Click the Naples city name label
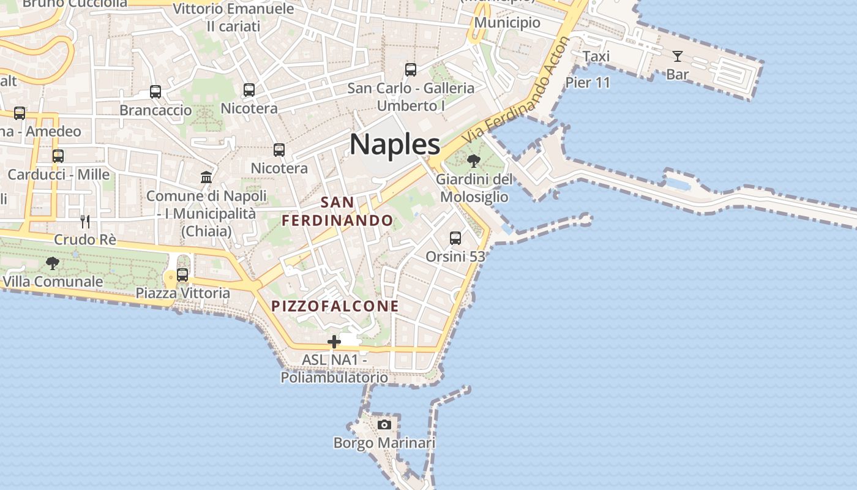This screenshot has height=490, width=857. pyautogui.click(x=395, y=145)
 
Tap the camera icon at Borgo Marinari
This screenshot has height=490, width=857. pyautogui.click(x=384, y=424)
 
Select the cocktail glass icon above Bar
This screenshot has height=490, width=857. pyautogui.click(x=677, y=56)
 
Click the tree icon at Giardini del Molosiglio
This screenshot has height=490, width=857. pyautogui.click(x=473, y=161)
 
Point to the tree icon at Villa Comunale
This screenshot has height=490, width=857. pyautogui.click(x=53, y=263)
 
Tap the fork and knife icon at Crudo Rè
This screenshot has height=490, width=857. pyautogui.click(x=85, y=221)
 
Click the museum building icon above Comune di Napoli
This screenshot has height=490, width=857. pyautogui.click(x=206, y=178)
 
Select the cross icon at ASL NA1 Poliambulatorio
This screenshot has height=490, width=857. pyautogui.click(x=334, y=342)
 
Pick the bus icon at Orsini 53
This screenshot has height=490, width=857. pyautogui.click(x=455, y=238)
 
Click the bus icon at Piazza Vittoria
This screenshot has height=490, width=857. pyautogui.click(x=182, y=275)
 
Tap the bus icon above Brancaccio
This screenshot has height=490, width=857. pyautogui.click(x=155, y=92)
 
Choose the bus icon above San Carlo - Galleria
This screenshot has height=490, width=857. pyautogui.click(x=411, y=70)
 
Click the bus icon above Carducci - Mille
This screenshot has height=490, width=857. pyautogui.click(x=58, y=156)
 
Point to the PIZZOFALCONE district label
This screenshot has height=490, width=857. pyautogui.click(x=335, y=306)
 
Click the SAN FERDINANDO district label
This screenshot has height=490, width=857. pyautogui.click(x=337, y=211)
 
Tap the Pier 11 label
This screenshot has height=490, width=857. pyautogui.click(x=588, y=82)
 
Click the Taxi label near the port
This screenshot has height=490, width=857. pyautogui.click(x=596, y=56)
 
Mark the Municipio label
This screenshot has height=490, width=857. pyautogui.click(x=507, y=23)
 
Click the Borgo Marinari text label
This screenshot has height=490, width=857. pyautogui.click(x=384, y=443)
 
